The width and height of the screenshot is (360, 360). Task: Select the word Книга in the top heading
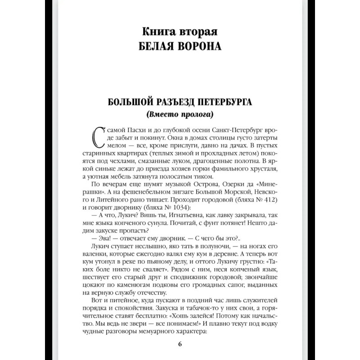158,33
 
